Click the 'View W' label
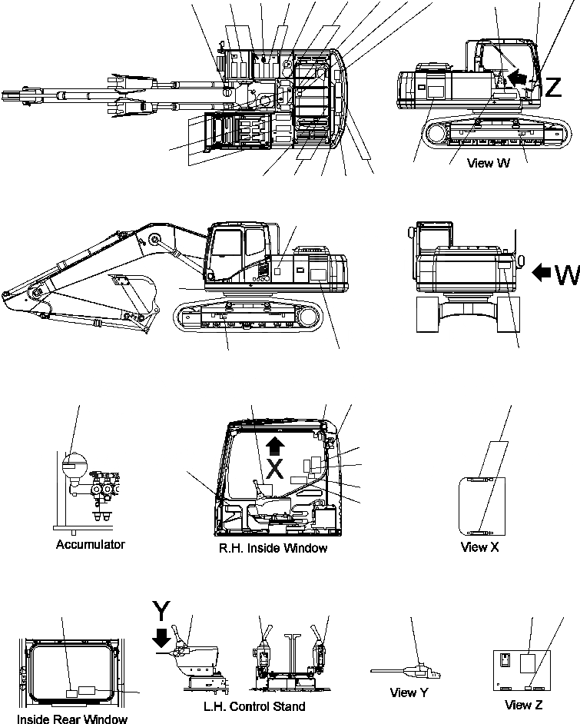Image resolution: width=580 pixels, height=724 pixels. coord(489,163)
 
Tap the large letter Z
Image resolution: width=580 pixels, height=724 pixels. coord(552,88)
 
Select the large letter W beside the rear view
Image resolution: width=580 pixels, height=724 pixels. coord(566,273)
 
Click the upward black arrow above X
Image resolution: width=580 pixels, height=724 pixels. coord(275,446)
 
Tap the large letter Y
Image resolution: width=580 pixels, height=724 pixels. coord(161,611)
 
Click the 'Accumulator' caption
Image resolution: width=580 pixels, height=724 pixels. coord(90,544)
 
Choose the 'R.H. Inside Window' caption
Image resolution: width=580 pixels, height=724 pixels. coord(274,548)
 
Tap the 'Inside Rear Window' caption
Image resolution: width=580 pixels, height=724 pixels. coord(72,719)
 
